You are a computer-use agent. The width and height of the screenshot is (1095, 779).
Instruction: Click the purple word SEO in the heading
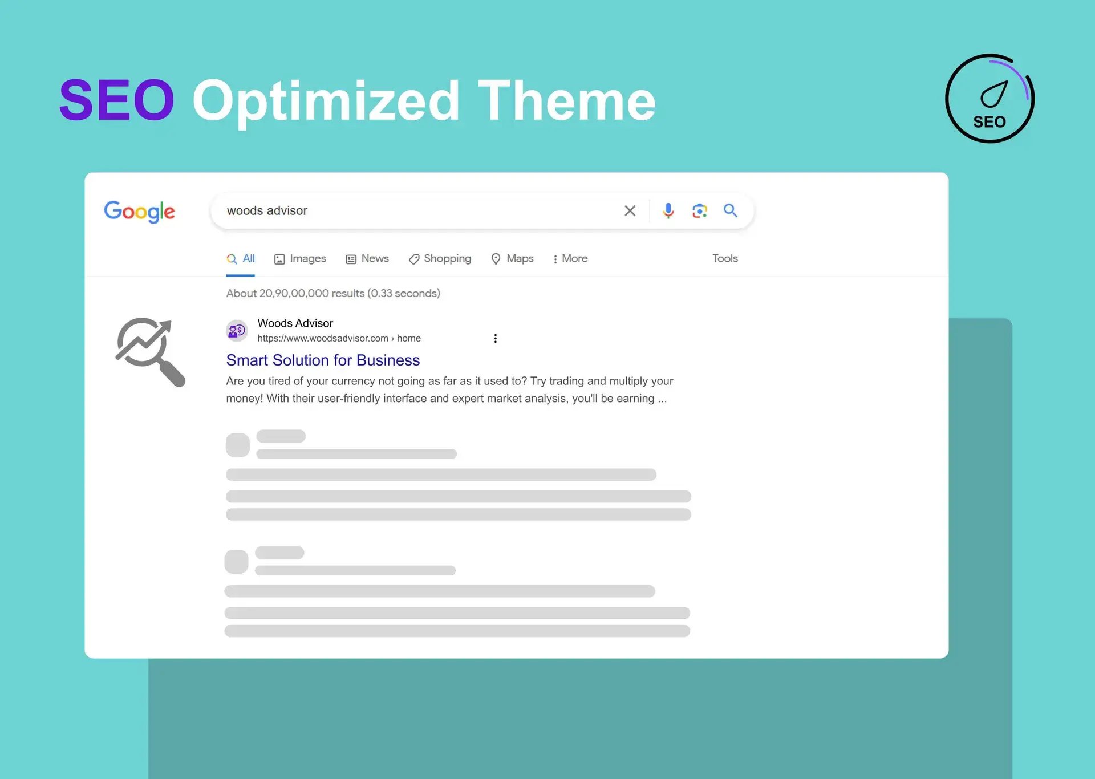point(116,100)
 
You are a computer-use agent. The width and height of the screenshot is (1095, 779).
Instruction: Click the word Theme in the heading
point(567,100)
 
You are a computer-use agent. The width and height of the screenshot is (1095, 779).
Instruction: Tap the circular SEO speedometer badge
point(989,99)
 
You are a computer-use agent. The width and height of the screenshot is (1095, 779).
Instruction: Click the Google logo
point(139,212)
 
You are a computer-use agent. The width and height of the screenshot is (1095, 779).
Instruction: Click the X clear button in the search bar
point(630,211)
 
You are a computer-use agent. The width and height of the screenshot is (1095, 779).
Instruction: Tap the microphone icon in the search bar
point(668,211)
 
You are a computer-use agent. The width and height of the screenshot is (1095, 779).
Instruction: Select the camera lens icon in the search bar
point(699,211)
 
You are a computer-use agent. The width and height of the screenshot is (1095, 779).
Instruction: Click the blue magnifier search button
point(731,210)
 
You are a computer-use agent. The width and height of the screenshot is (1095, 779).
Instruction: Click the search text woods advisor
point(267,210)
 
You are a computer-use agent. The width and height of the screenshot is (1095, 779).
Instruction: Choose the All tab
point(241,258)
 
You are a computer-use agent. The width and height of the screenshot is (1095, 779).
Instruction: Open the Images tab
point(300,259)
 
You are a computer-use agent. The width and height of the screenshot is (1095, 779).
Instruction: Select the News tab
point(367,259)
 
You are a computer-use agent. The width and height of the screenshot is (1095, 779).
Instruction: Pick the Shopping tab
point(440,259)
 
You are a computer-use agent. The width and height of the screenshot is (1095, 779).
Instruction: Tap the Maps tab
point(512,259)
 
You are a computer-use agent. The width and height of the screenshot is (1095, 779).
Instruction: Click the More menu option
point(570,259)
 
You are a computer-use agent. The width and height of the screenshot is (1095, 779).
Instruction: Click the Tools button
point(725,258)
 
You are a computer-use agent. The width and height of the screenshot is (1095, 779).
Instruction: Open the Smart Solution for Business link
point(323,360)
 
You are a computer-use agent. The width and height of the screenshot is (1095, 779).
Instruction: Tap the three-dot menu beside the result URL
point(495,338)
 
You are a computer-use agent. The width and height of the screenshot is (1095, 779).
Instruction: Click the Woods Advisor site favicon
point(237,330)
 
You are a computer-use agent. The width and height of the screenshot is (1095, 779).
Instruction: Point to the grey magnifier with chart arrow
point(151,352)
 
